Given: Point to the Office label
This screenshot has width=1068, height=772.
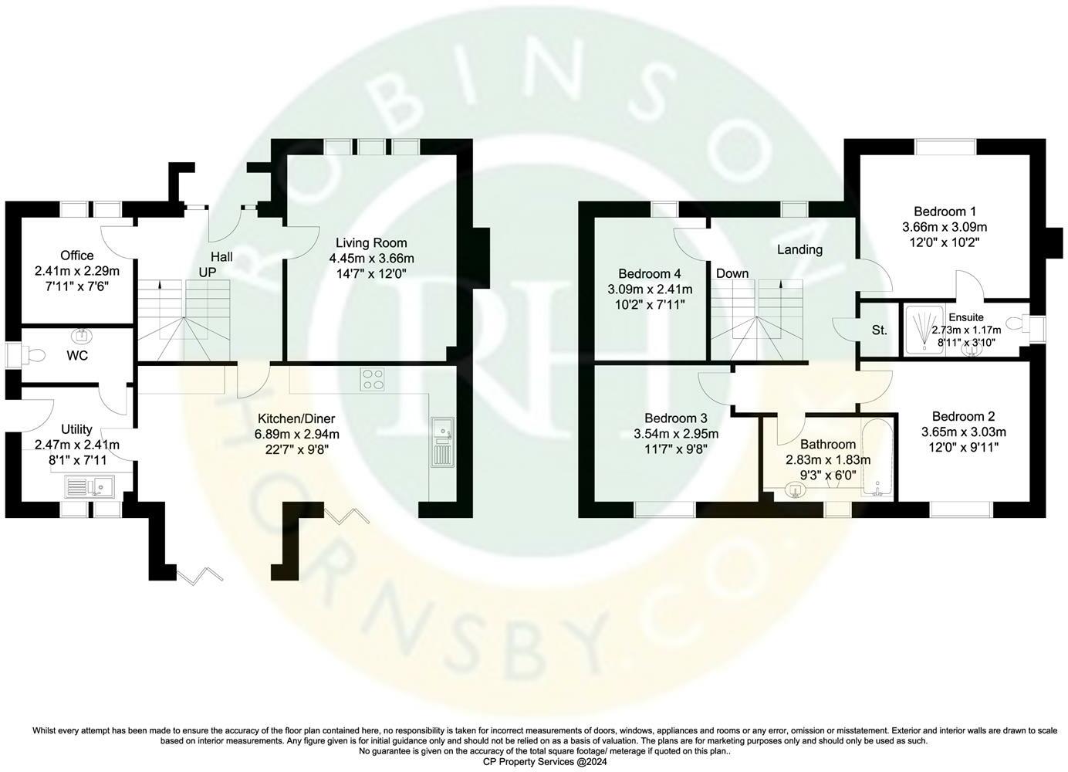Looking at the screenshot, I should pyautogui.click(x=77, y=256).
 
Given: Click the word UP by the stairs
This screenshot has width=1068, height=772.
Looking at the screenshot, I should pyautogui.click(x=208, y=273).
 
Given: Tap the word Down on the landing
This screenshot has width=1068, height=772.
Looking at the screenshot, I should pyautogui.click(x=732, y=273).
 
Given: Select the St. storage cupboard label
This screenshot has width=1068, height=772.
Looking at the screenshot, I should pyautogui.click(x=879, y=330).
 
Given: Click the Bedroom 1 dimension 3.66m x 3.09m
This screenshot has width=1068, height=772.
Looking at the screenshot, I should pyautogui.click(x=945, y=227).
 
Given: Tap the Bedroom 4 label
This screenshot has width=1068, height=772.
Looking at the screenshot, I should pyautogui.click(x=650, y=273).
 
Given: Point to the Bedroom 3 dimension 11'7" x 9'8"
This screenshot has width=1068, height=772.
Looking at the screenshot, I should pyautogui.click(x=665, y=448).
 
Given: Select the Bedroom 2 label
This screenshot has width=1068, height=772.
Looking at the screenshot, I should pyautogui.click(x=963, y=416).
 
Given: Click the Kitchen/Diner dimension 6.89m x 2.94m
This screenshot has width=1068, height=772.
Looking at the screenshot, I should pyautogui.click(x=297, y=434).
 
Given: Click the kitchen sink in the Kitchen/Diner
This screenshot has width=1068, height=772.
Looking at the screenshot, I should pyautogui.click(x=442, y=443).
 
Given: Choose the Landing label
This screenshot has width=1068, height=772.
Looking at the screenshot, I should pyautogui.click(x=799, y=249).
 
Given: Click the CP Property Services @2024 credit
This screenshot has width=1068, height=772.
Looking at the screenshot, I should pyautogui.click(x=534, y=760).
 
